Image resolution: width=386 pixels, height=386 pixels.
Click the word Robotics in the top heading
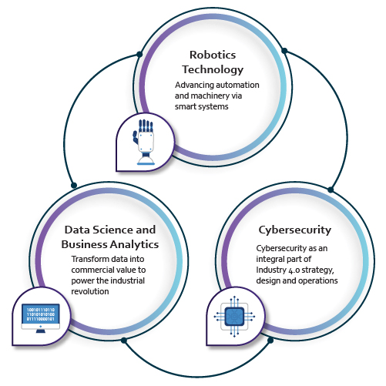(x=213, y=55)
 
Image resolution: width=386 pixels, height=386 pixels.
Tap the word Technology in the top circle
(x=213, y=70)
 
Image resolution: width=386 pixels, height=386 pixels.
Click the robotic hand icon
(x=145, y=142)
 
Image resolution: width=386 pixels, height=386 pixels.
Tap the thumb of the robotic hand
(x=136, y=137)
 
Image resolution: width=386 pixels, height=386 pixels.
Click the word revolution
(x=90, y=291)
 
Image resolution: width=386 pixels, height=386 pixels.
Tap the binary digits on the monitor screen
(x=41, y=314)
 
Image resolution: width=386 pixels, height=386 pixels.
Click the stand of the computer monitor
(x=41, y=331)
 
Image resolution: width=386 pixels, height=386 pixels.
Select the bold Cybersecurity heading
(x=295, y=230)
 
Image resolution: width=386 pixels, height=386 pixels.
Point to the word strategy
(x=317, y=270)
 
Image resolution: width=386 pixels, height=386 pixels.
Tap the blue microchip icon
(x=234, y=317)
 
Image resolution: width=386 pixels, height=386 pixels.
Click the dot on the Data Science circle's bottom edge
(x=124, y=341)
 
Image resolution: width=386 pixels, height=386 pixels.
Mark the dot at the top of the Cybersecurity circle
(x=331, y=190)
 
